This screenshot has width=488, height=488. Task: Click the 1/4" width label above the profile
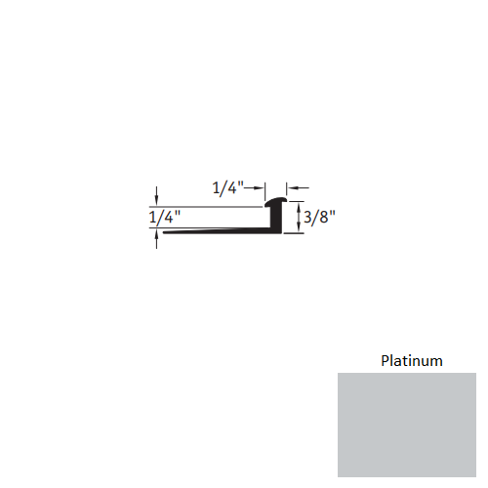(226, 188)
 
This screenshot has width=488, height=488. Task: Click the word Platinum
(411, 361)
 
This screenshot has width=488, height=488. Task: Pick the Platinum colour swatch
(407, 425)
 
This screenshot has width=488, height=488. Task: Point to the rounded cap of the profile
(279, 203)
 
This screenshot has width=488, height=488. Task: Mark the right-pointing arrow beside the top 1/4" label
(258, 188)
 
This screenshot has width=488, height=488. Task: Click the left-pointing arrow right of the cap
(294, 188)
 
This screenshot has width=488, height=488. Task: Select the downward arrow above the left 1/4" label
(156, 196)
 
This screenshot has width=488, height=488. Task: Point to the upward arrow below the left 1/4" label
(156, 240)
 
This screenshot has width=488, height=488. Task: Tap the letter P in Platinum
(384, 361)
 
